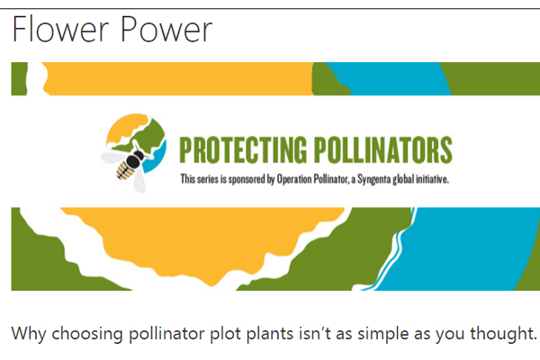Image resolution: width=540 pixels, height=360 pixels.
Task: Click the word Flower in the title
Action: coord(60,30)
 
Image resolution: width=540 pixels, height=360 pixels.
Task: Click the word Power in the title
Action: coord(166,30)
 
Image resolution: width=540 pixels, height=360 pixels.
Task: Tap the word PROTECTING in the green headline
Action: coord(243,149)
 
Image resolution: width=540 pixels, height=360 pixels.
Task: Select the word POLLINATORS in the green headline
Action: coord(383,149)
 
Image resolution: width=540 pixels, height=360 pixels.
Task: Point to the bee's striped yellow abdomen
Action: coord(125,170)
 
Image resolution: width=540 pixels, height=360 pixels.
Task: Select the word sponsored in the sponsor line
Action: coord(247,179)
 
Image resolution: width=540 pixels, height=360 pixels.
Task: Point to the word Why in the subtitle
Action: coord(29,334)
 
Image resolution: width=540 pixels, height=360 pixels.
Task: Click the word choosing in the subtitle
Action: coord(87,334)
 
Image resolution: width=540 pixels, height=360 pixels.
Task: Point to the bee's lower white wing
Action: coord(139,180)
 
